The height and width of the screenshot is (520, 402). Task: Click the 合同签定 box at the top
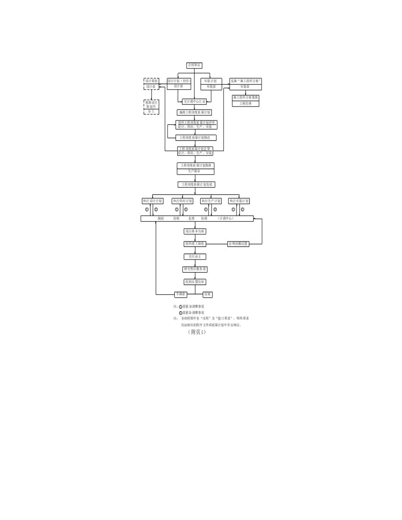click(x=194, y=65)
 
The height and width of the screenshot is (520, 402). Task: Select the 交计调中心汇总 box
click(x=195, y=101)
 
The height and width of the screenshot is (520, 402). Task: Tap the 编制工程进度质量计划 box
click(x=194, y=112)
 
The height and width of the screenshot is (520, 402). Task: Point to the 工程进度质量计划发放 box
click(x=196, y=184)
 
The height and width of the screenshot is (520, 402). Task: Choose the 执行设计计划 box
click(x=152, y=201)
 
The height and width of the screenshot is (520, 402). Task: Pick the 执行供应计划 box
click(x=182, y=201)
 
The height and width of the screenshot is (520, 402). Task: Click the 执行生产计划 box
click(x=211, y=201)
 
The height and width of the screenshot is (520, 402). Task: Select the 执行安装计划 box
click(x=239, y=201)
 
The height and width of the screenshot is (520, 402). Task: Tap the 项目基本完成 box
click(x=195, y=231)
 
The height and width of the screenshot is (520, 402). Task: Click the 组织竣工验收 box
click(x=195, y=244)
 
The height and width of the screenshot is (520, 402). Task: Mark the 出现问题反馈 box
click(x=238, y=244)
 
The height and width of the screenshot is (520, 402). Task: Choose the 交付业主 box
click(x=195, y=256)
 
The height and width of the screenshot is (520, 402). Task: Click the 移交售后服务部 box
click(x=195, y=269)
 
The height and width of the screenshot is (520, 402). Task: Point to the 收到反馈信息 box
click(x=195, y=282)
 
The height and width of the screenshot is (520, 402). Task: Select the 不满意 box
click(x=181, y=294)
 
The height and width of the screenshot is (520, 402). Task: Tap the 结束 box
click(x=207, y=294)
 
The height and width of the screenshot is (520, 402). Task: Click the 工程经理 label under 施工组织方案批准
click(x=245, y=104)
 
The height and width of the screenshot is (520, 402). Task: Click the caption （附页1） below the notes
click(x=196, y=332)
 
